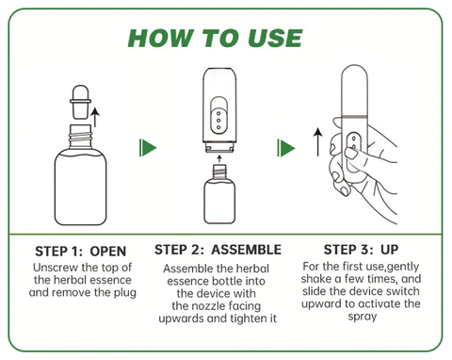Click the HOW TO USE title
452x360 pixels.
click(x=227, y=38)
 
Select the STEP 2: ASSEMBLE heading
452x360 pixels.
click(x=218, y=250)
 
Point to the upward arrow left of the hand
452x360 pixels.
click(x=317, y=142)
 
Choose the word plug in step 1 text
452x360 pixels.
click(x=121, y=293)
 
